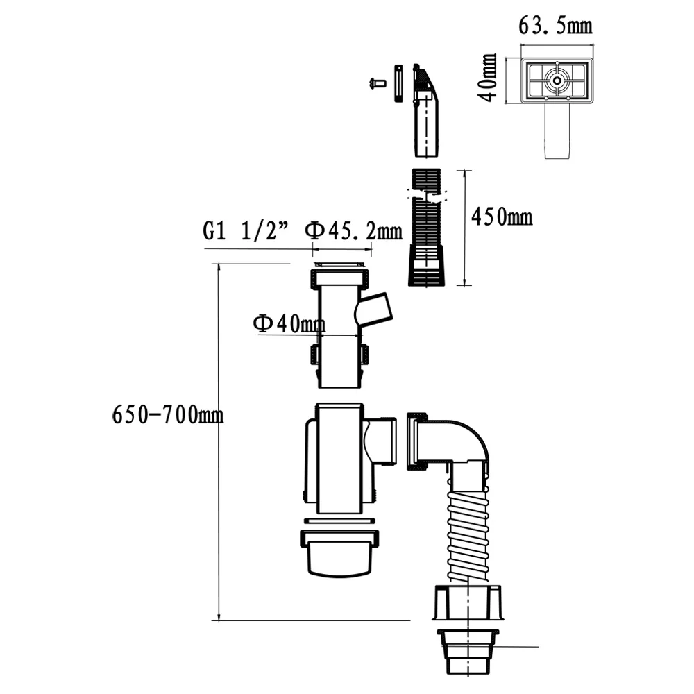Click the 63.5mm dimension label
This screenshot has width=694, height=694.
(555, 25)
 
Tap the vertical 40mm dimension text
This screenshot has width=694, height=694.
(489, 78)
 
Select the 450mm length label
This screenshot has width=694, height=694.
(502, 217)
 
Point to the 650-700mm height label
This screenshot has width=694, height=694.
(168, 415)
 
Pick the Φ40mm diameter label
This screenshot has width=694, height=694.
(289, 323)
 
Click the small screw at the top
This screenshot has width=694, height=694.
(378, 83)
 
